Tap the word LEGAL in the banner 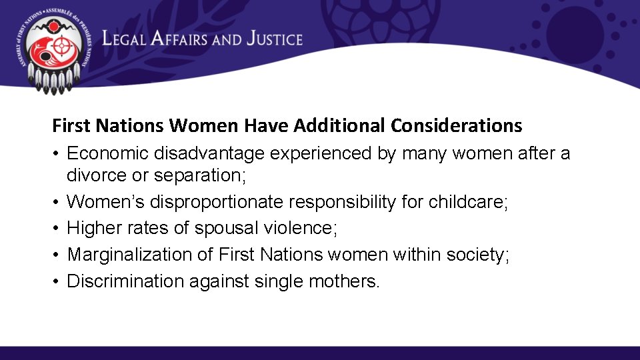pos(124,39)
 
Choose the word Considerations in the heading pos(457,125)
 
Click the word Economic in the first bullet pos(109,154)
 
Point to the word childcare pos(466,201)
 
